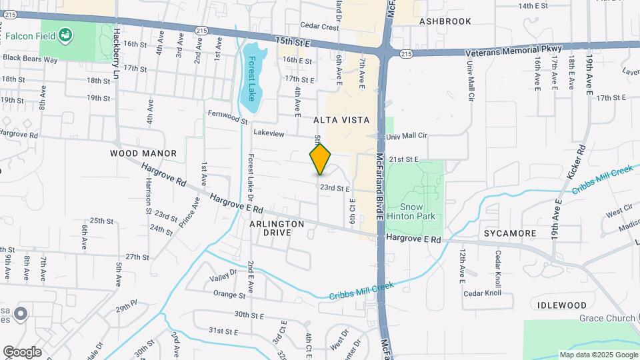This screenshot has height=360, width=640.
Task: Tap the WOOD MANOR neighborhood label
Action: (143, 153)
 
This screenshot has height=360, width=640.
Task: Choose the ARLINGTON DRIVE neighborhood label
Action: (277, 228)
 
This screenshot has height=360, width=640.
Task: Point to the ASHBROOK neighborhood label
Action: (445, 21)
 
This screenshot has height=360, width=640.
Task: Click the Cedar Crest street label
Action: (320, 27)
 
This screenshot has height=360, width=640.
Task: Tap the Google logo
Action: (22, 351)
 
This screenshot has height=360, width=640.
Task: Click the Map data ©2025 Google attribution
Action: (598, 355)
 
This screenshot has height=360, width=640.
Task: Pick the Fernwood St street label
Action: (227, 121)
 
